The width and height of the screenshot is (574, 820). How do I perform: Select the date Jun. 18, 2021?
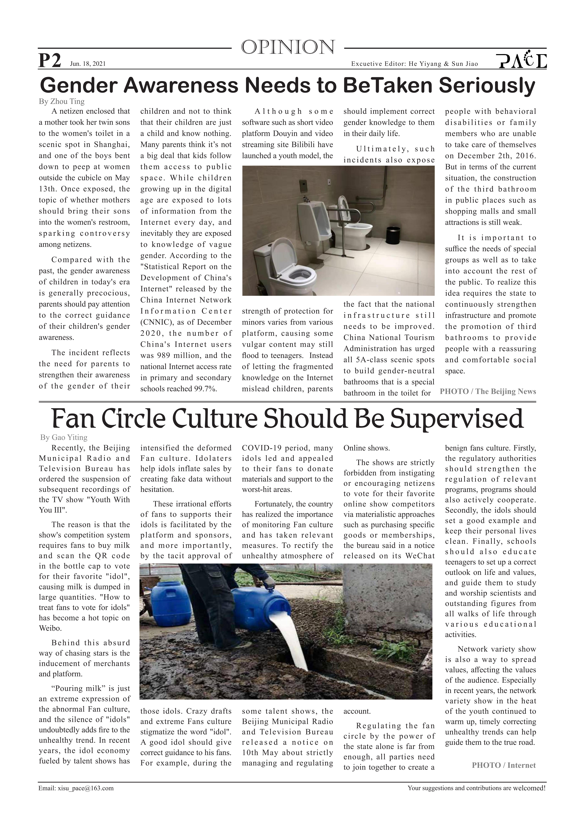click(x=88, y=64)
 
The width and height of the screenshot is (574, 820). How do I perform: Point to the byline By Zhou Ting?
click(x=61, y=101)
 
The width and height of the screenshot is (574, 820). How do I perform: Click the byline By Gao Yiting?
click(x=64, y=437)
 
